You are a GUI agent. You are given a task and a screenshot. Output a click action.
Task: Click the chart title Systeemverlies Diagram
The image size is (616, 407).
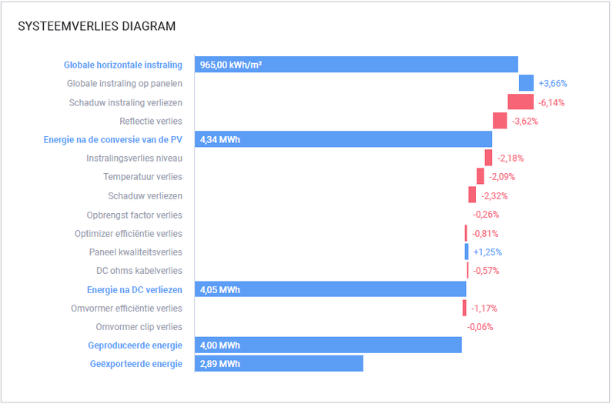point(96,26)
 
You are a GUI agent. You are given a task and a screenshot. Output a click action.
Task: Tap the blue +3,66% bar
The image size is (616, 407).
point(526,83)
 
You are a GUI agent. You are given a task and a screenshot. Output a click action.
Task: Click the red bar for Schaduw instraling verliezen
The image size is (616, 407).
point(521,102)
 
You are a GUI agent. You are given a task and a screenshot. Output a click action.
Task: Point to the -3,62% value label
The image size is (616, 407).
point(524,121)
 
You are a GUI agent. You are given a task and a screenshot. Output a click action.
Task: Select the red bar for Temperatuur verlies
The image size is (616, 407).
point(480,177)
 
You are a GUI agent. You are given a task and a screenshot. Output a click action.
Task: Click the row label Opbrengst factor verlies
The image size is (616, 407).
point(134,215)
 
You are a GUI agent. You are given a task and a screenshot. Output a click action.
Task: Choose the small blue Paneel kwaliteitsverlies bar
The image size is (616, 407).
point(466,252)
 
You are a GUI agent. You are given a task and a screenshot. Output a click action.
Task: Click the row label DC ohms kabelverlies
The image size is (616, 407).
point(139,271)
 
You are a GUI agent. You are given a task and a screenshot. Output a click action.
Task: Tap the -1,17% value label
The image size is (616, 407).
point(484,309)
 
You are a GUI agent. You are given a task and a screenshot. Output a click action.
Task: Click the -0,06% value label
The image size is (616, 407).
point(480,327)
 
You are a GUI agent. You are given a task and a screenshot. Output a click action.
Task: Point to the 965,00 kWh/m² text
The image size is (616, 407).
point(230,65)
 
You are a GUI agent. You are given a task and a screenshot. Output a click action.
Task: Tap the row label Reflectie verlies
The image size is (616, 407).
point(151,121)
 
